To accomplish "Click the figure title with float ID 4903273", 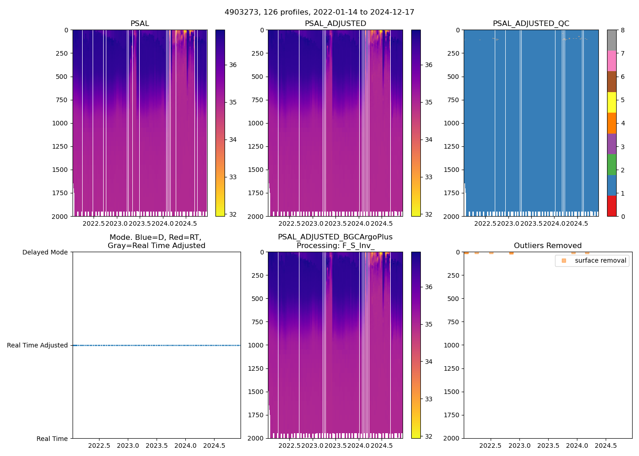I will pyautogui.click(x=319, y=12).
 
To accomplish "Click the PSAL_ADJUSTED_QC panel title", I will pyautogui.click(x=531, y=24).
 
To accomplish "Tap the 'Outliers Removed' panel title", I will pyautogui.click(x=547, y=246).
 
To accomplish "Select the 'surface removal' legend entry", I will pyautogui.click(x=592, y=261).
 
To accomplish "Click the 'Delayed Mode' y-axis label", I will pyautogui.click(x=45, y=252).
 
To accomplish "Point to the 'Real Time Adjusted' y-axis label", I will pyautogui.click(x=37, y=345).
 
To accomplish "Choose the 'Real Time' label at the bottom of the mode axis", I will pyautogui.click(x=52, y=439).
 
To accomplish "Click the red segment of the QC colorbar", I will pyautogui.click(x=612, y=206).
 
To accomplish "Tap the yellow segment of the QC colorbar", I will pyautogui.click(x=612, y=102).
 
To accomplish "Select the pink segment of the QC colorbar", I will pyautogui.click(x=612, y=61).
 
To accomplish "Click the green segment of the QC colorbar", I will pyautogui.click(x=612, y=164).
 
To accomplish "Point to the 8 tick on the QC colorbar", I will pyautogui.click(x=623, y=30).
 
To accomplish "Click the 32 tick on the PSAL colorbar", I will pyautogui.click(x=233, y=214).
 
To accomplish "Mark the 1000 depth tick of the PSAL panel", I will pyautogui.click(x=61, y=123).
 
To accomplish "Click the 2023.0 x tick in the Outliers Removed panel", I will pyautogui.click(x=519, y=445).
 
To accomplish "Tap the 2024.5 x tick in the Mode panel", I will pyautogui.click(x=214, y=445).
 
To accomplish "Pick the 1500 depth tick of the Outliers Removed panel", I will pyautogui.click(x=452, y=392).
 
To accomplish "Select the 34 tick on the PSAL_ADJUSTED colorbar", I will pyautogui.click(x=429, y=140).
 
